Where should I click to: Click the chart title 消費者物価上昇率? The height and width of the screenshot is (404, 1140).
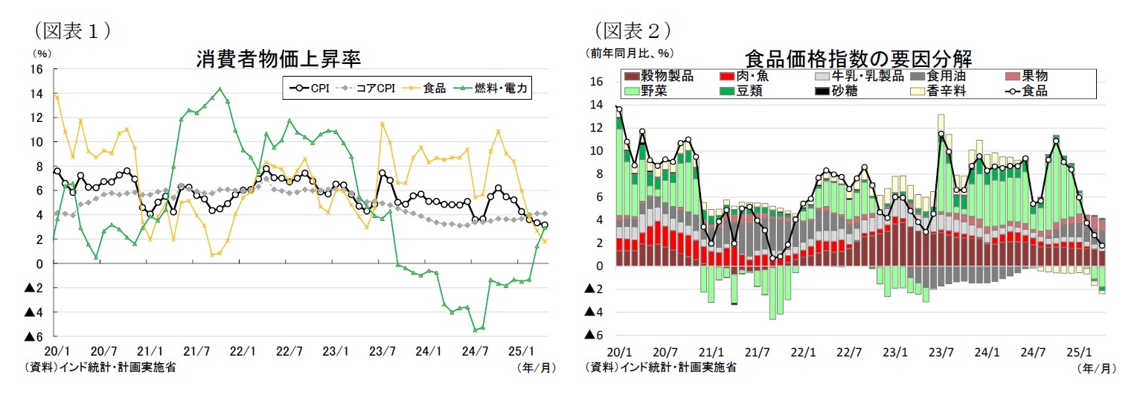tap(278, 59)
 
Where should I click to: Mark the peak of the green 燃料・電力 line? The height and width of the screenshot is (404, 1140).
tap(219, 89)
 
